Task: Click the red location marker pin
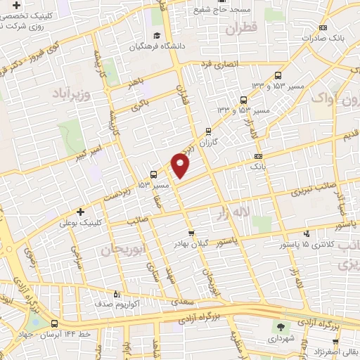click(x=181, y=166)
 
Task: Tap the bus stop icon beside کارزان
click(x=208, y=131)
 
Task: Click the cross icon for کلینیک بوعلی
click(x=80, y=211)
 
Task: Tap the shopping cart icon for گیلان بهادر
click(x=191, y=232)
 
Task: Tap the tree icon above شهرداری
click(x=280, y=327)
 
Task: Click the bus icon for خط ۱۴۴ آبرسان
click(x=55, y=324)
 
